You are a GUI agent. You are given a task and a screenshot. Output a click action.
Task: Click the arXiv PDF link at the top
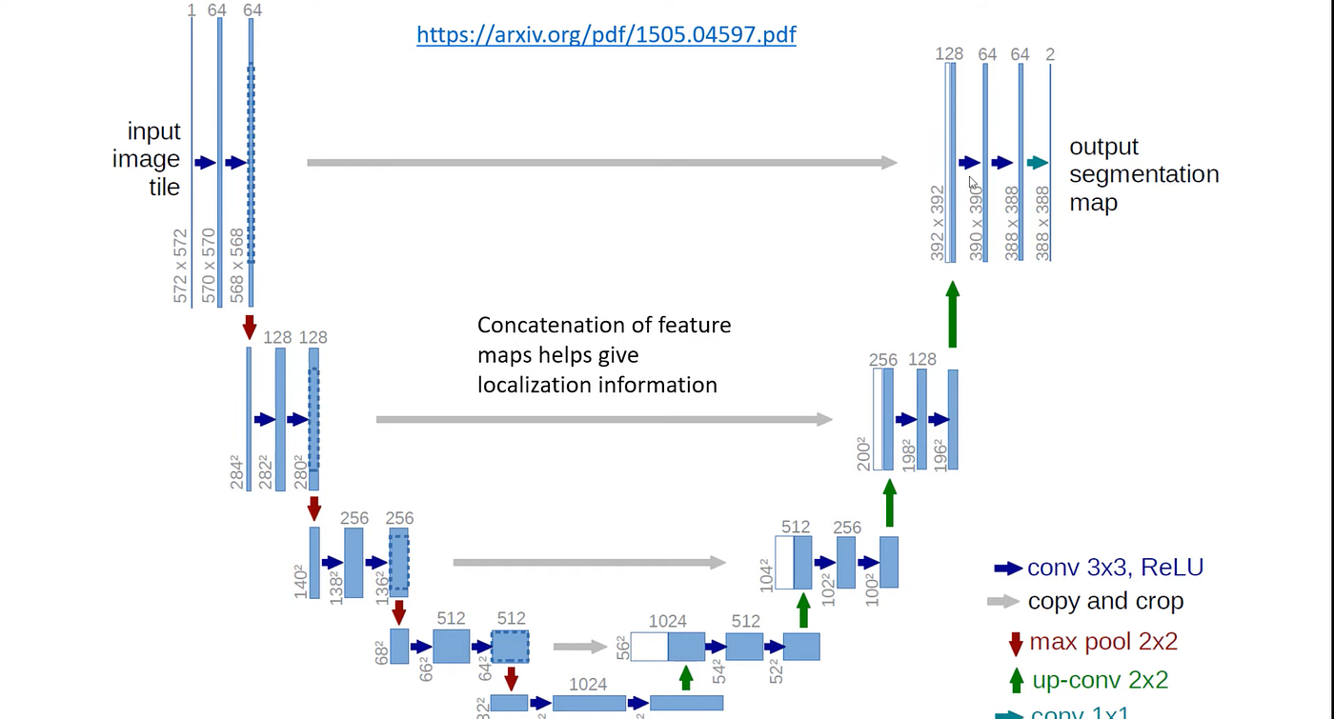click(606, 35)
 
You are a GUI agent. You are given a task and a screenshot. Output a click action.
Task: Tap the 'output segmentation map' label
click(1143, 174)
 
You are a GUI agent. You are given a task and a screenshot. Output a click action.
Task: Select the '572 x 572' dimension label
click(181, 266)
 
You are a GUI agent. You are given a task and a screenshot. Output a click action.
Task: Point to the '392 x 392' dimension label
click(938, 222)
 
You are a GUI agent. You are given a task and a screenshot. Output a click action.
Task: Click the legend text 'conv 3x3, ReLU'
click(1115, 568)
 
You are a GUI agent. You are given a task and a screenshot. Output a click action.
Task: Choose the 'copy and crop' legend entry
click(1105, 602)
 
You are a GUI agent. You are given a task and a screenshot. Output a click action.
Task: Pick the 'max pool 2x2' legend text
click(1103, 641)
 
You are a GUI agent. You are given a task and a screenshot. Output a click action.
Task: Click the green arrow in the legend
click(1016, 680)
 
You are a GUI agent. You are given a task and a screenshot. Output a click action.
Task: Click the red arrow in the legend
click(1016, 642)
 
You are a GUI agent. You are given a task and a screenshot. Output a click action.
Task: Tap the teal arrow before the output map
click(1037, 163)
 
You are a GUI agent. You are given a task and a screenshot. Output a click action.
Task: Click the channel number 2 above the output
click(1050, 54)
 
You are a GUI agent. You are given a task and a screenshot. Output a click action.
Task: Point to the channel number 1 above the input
click(192, 10)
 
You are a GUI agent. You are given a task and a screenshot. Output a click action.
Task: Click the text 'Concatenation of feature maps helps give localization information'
click(604, 355)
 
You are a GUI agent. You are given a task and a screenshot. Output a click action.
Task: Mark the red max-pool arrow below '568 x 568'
click(250, 327)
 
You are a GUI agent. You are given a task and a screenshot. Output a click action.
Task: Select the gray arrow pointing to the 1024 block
click(579, 647)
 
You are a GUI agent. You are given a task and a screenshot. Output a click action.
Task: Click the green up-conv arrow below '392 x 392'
click(952, 314)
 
